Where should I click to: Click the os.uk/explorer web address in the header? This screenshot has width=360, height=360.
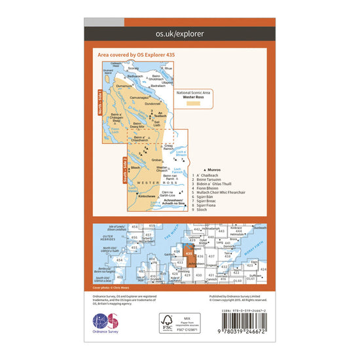180,33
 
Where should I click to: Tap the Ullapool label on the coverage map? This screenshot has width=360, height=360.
169,82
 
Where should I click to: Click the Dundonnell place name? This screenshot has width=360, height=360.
153,102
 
